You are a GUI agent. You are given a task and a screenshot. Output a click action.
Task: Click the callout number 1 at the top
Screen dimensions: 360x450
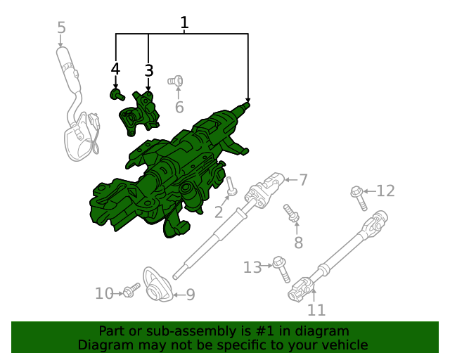point(184,23)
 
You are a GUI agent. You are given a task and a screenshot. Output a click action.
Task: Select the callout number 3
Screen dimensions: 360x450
point(148,70)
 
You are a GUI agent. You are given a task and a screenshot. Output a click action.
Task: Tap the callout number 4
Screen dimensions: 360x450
point(115,69)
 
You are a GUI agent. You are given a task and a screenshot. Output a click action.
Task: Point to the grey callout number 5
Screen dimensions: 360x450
point(61,28)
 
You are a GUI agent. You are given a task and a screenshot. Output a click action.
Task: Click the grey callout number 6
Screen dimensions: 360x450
point(179,108)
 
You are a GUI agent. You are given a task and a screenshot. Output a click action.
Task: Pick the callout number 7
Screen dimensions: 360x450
point(303,180)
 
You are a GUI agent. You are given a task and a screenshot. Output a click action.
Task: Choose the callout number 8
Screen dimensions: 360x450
point(298,243)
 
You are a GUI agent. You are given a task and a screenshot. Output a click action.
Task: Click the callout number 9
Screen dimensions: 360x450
point(190,295)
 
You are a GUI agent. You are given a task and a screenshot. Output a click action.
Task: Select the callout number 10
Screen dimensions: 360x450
point(104,294)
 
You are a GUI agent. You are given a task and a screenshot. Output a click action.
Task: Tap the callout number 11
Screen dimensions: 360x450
point(317,309)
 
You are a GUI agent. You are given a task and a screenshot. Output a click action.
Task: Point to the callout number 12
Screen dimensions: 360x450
point(386,191)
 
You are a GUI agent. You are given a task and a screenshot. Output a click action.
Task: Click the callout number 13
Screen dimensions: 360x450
point(252,267)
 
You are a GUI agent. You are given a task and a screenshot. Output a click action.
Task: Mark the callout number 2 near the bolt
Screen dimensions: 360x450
point(219,212)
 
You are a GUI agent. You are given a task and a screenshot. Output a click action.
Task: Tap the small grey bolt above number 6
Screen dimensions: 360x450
point(176,82)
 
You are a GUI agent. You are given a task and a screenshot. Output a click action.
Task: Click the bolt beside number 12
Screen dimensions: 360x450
point(359,197)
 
